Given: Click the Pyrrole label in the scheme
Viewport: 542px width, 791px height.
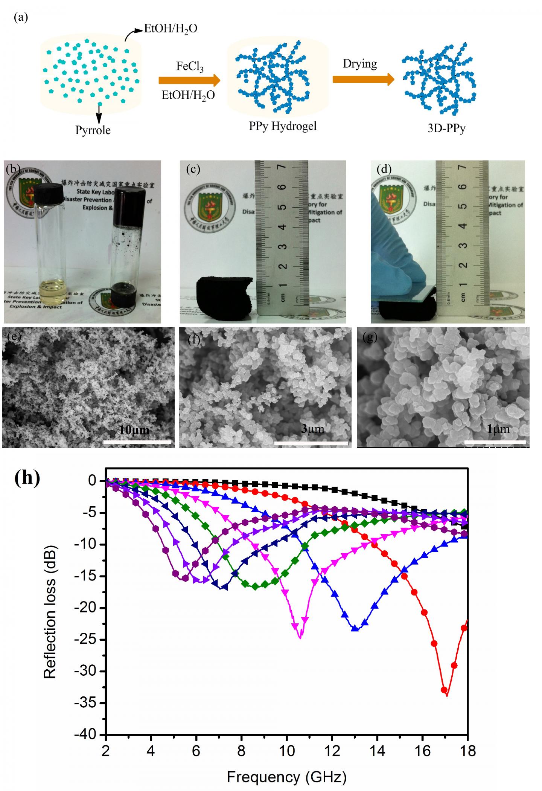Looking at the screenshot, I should (93, 130).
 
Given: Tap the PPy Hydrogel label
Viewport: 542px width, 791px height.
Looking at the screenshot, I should (282, 126).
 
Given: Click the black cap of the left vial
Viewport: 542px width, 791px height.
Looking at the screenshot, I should (48, 192).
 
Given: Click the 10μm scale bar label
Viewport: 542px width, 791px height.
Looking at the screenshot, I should (134, 430).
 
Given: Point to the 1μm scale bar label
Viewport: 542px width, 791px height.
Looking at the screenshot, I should (498, 429).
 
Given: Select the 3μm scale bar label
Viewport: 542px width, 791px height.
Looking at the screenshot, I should (312, 429).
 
